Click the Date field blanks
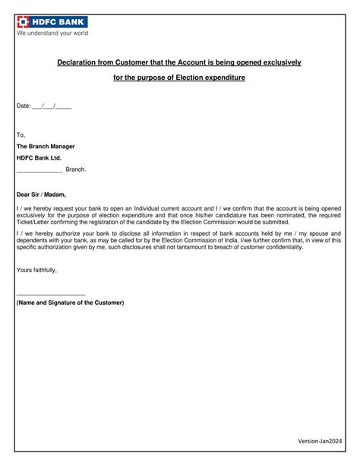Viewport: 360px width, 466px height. [x=52, y=106]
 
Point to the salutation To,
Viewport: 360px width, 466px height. [x=21, y=135]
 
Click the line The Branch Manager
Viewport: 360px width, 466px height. [x=46, y=146]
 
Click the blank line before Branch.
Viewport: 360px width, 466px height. [x=39, y=170]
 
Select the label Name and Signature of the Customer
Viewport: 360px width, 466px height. [x=70, y=302]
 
